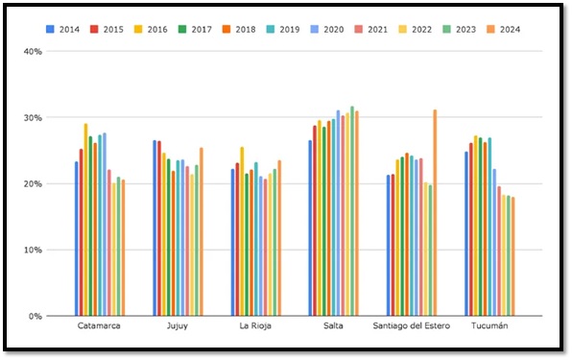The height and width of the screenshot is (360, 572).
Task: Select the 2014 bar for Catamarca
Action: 77,239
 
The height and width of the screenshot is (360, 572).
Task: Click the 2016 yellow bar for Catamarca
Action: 86,220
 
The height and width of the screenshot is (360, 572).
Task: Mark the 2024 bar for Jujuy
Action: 202,231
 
